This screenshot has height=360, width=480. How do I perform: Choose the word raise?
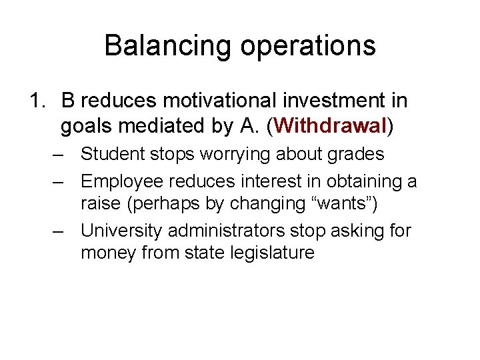pos(101,203)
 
